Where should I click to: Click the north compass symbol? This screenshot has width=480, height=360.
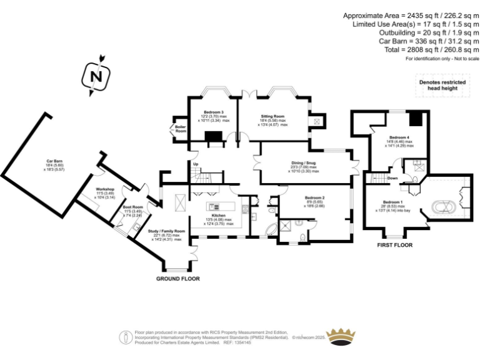(95, 77)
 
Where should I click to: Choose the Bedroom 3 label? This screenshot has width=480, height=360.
(213, 112)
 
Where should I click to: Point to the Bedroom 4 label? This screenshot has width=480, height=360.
(399, 137)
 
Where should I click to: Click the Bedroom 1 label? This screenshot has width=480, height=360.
(392, 202)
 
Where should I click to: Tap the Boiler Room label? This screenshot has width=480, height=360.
(180, 129)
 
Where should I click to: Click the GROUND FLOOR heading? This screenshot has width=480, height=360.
(179, 278)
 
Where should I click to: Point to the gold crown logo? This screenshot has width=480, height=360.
(342, 336)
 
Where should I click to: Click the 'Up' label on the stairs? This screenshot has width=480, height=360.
(196, 164)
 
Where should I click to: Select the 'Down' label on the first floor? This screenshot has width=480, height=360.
(392, 178)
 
